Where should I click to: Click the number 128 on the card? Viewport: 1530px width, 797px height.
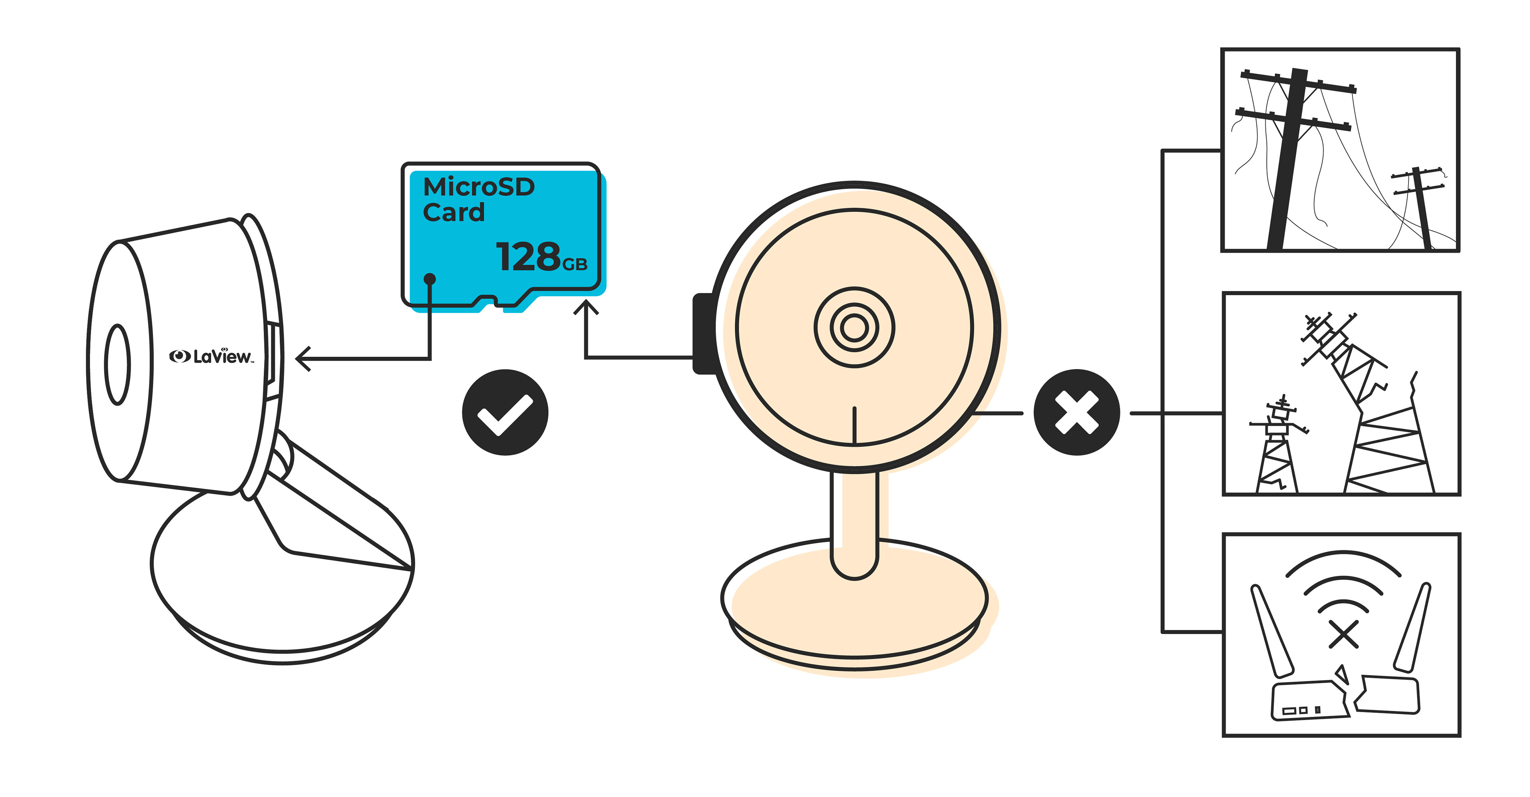coord(528,257)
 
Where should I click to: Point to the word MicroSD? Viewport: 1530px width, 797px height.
coord(479,187)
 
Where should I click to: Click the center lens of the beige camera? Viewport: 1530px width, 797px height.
coord(854,328)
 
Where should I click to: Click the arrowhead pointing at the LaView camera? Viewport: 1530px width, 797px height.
coord(303,359)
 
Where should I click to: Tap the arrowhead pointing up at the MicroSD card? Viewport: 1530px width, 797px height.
coord(586,309)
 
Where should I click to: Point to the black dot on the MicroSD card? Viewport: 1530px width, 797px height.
coord(430,279)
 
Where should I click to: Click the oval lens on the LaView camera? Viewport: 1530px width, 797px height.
coord(118,364)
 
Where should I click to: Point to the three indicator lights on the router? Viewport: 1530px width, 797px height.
coord(1301,710)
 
